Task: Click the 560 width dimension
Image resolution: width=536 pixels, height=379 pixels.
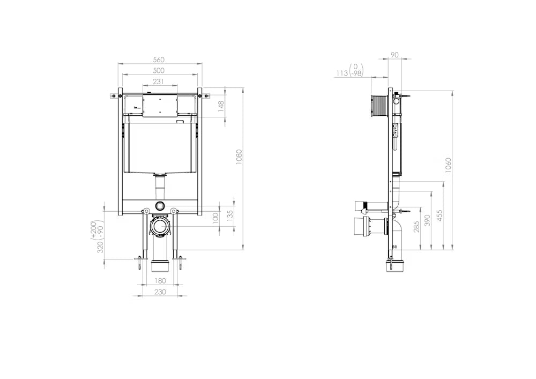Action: tap(158, 60)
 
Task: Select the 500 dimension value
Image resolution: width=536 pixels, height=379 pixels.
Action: tap(158, 70)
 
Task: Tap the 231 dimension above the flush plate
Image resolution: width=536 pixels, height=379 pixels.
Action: tap(158, 81)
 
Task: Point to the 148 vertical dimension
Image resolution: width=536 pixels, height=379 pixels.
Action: tap(221, 106)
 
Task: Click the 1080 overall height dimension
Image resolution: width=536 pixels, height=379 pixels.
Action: tap(239, 157)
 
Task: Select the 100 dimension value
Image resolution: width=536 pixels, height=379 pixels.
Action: tap(215, 218)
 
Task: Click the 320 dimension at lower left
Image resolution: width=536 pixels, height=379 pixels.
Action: tap(100, 247)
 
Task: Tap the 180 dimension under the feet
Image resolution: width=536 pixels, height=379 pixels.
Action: tap(160, 280)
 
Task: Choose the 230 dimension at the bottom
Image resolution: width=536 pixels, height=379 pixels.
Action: tap(160, 292)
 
